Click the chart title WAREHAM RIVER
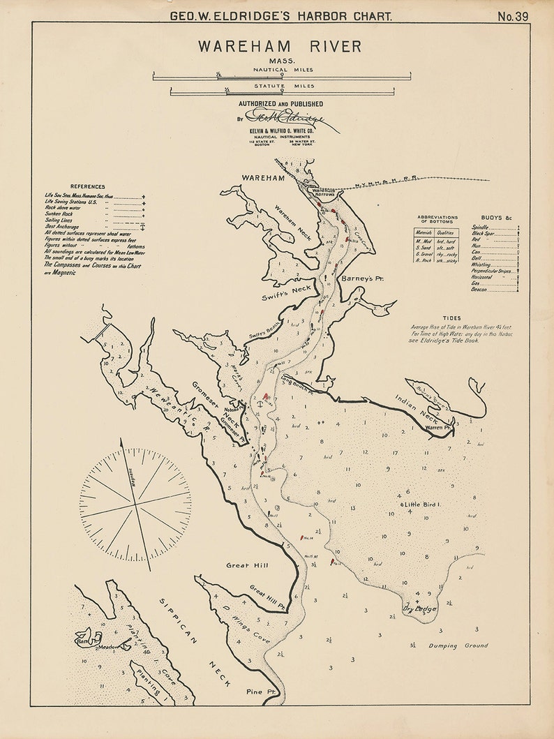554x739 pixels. [279, 47]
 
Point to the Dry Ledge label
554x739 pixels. [419, 609]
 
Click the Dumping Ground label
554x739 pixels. [453, 646]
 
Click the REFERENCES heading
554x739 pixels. [87, 186]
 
